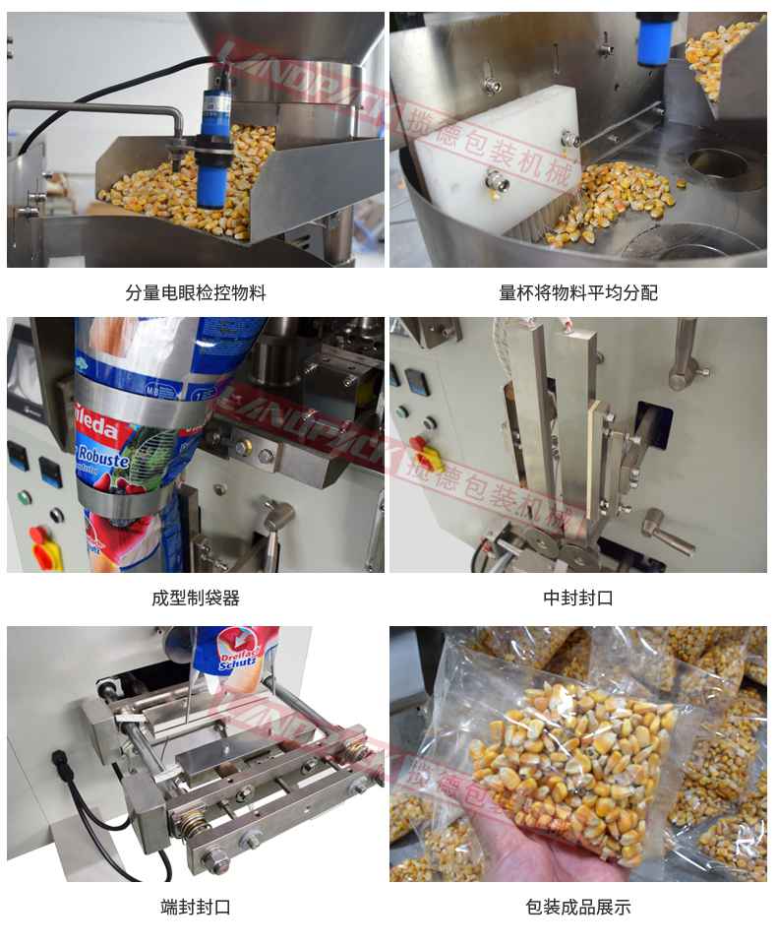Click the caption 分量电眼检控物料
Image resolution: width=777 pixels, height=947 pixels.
coord(195,292)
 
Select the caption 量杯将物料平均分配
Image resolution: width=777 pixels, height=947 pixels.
coord(577,292)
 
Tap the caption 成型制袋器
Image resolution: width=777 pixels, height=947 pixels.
coord(195,598)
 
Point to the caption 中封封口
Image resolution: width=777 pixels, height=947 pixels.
coord(577,598)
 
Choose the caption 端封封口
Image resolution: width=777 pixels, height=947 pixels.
coord(195,907)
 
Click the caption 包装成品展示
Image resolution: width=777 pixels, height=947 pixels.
coord(577,907)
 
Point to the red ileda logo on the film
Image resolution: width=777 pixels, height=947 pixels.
coord(96,430)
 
